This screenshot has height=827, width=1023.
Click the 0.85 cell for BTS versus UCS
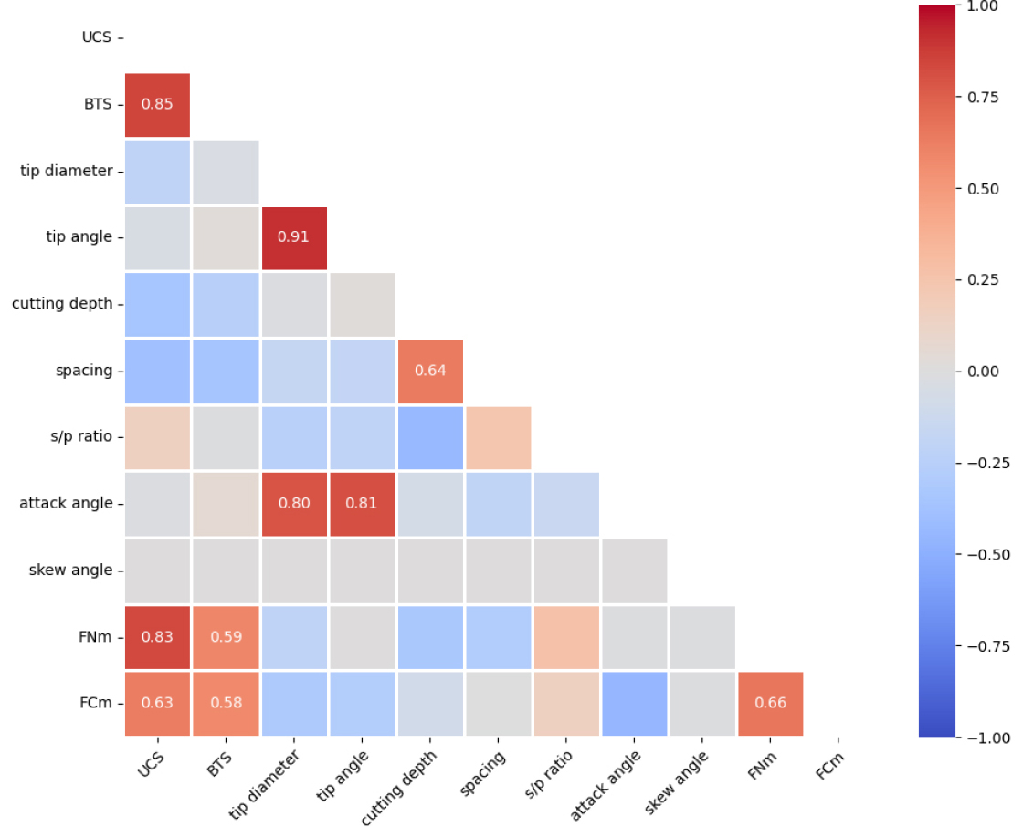click(157, 104)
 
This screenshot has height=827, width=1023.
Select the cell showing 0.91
click(294, 237)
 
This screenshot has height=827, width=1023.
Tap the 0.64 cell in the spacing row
click(430, 371)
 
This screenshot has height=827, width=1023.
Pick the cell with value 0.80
click(294, 503)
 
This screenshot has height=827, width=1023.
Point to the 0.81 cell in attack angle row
click(362, 503)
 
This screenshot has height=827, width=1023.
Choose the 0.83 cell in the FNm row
click(157, 637)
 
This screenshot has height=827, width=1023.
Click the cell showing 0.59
click(226, 637)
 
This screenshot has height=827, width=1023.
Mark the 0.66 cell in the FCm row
click(771, 703)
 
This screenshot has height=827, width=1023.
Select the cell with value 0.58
click(226, 703)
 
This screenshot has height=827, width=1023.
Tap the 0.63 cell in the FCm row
click(157, 703)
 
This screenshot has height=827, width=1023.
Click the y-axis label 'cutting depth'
click(62, 304)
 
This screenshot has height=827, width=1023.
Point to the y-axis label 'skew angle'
click(70, 571)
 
